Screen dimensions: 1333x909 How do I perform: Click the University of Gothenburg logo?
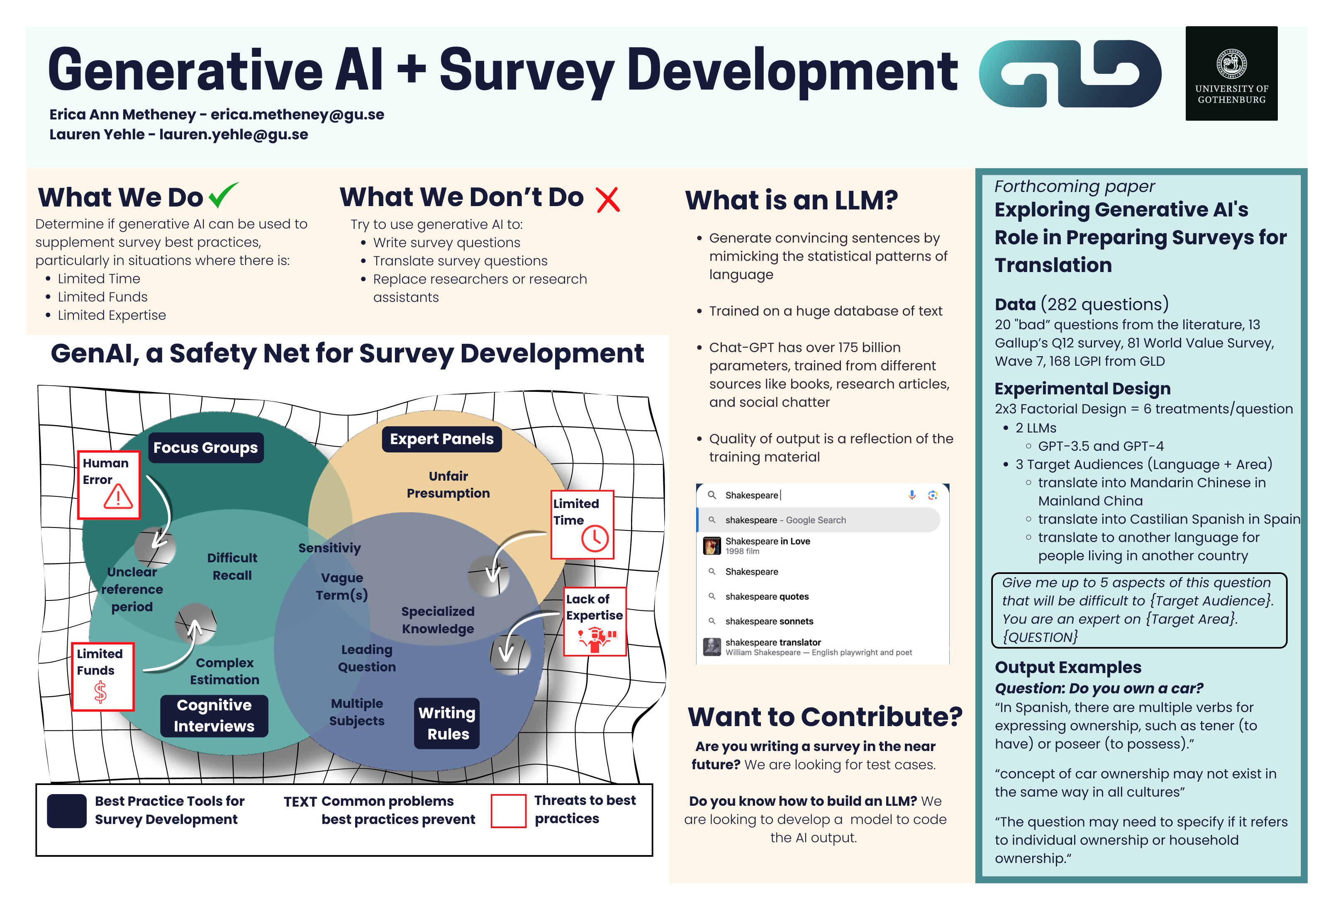pyautogui.click(x=1231, y=73)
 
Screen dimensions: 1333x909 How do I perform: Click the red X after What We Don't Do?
pyautogui.click(x=608, y=199)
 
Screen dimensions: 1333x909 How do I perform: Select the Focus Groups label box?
pyautogui.click(x=206, y=447)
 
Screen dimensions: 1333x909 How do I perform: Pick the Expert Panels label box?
pyautogui.click(x=442, y=439)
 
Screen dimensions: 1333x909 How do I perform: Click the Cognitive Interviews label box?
pyautogui.click(x=214, y=716)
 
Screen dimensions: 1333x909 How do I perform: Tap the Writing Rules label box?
pyautogui.click(x=447, y=723)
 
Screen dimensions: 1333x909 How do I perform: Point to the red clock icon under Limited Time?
pyautogui.click(x=595, y=539)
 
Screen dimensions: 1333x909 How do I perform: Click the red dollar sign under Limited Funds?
pyautogui.click(x=100, y=692)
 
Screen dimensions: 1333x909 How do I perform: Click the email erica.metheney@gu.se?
pyautogui.click(x=297, y=115)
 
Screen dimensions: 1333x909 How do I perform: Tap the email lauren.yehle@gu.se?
pyautogui.click(x=234, y=135)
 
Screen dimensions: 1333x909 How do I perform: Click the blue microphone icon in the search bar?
pyautogui.click(x=912, y=495)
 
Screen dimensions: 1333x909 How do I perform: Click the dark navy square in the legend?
pyautogui.click(x=66, y=810)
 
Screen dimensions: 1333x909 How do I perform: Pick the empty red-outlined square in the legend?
pyautogui.click(x=508, y=810)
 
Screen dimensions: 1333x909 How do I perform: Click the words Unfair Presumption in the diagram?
pyautogui.click(x=448, y=485)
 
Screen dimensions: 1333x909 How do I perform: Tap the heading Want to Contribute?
pyautogui.click(x=825, y=717)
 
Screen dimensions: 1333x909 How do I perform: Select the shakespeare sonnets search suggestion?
pyautogui.click(x=769, y=621)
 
